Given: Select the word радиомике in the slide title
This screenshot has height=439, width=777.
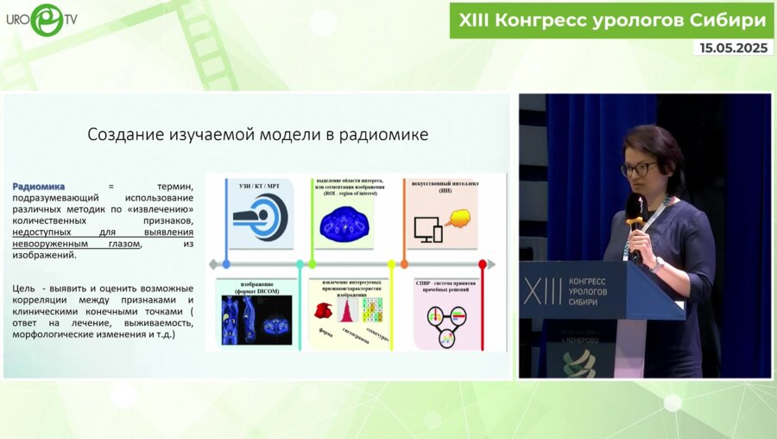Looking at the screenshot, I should (x=386, y=135).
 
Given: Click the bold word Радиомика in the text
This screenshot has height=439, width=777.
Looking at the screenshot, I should (x=39, y=187).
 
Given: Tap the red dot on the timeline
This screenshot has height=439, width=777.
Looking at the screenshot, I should (x=482, y=264).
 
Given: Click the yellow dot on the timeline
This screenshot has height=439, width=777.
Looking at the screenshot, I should (x=391, y=264).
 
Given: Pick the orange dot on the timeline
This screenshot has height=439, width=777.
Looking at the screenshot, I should (x=403, y=264).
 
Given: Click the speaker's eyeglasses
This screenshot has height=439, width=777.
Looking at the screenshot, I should (x=638, y=169).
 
